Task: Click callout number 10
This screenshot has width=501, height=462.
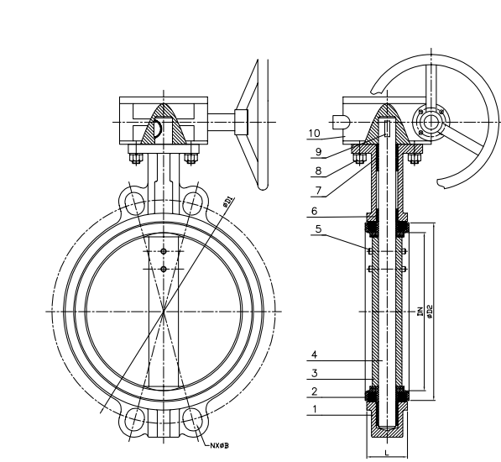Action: coord(315,133)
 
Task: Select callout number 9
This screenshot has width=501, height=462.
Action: coord(318,152)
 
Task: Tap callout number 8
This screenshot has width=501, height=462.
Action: coord(318,171)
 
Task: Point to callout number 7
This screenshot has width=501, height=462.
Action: coord(318,191)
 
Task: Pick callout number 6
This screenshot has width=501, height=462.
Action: coord(315,211)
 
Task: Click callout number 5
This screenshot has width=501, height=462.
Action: coord(318,229)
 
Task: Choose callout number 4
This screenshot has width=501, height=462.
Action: coord(315,354)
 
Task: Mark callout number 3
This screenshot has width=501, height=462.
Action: coord(315,373)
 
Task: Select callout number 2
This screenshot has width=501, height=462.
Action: coord(315,391)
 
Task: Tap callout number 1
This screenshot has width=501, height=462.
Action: coord(315,409)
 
